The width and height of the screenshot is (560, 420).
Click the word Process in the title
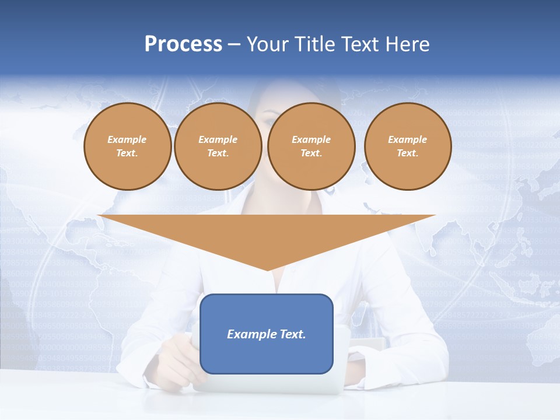coord(183,44)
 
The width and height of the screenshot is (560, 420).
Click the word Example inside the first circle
coord(127,139)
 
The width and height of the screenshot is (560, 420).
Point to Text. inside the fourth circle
coord(408,153)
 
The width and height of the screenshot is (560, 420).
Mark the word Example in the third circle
coord(311,139)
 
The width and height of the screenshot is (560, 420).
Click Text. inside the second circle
coord(218,153)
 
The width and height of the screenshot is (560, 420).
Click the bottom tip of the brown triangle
coord(267,269)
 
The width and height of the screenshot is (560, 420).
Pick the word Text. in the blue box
coord(293,334)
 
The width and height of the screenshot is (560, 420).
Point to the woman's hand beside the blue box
coord(175,356)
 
